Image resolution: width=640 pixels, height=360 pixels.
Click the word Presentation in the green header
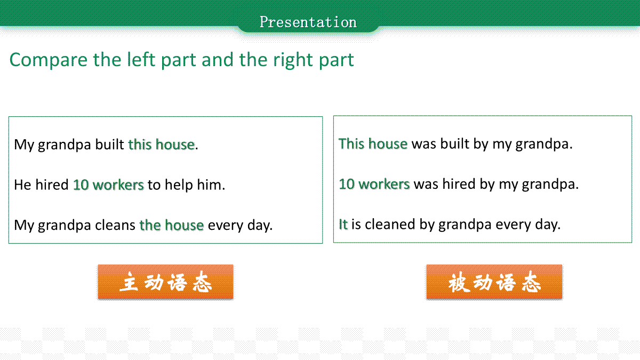(308, 22)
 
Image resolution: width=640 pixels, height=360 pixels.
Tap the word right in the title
(293, 60)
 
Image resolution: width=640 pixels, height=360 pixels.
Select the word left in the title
(141, 59)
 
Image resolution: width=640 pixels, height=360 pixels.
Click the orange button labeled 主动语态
(165, 282)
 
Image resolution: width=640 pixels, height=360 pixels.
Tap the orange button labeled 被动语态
(494, 282)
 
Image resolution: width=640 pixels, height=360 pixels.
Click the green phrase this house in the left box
(162, 145)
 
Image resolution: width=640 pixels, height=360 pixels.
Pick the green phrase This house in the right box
(373, 143)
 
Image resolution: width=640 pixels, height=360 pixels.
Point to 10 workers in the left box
(108, 185)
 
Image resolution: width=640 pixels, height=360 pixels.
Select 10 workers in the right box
(374, 183)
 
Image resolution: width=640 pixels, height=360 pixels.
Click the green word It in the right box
(343, 224)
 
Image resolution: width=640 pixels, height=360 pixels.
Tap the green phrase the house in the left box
(171, 225)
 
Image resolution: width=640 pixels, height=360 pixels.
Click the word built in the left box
(109, 145)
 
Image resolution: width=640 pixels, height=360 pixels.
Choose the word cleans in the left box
(115, 225)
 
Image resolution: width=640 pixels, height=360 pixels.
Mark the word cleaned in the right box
(390, 224)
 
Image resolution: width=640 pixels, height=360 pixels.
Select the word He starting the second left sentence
(22, 185)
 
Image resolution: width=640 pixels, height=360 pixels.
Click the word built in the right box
(454, 143)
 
